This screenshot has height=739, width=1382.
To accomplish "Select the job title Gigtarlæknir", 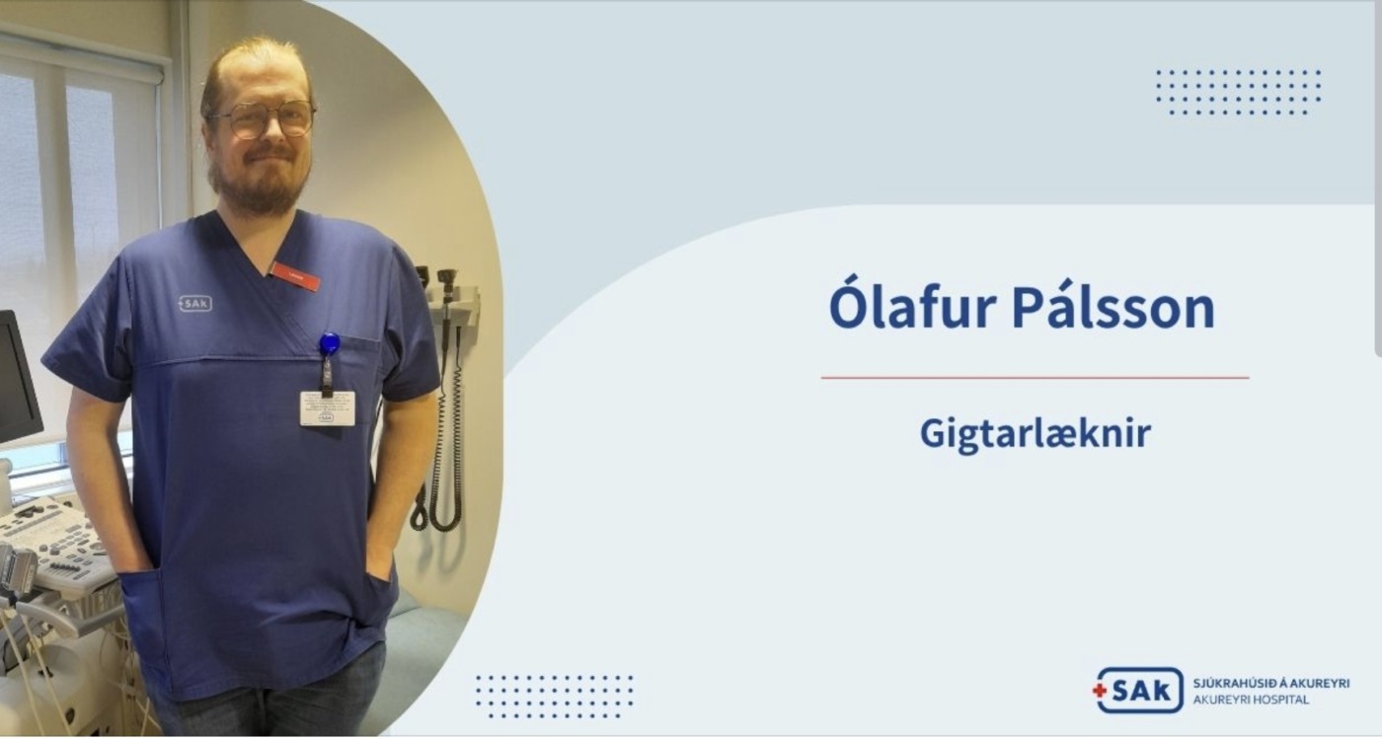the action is click(1036, 434).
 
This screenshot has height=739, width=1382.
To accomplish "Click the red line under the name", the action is click(1035, 378).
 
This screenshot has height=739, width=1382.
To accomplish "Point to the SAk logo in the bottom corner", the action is click(1138, 691).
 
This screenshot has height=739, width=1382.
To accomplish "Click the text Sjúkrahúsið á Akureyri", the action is click(1271, 683).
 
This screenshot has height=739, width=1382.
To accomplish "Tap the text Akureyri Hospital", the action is click(1251, 701).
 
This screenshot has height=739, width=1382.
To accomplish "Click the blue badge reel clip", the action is click(330, 343).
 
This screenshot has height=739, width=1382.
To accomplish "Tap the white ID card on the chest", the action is click(328, 408).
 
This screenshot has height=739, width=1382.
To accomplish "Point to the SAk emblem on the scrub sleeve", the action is click(195, 303).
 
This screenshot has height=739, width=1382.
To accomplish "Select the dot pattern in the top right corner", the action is click(1238, 93).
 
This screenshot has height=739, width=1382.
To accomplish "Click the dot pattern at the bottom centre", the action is click(555, 697).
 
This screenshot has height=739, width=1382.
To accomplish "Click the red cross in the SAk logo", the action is click(1100, 691).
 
